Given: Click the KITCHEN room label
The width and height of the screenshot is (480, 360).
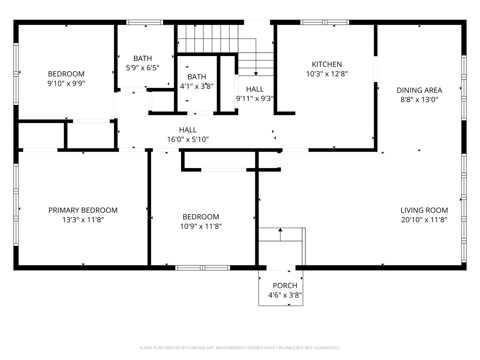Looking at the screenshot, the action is pos(326,64).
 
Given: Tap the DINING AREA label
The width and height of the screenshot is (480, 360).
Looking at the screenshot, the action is pos(419,90).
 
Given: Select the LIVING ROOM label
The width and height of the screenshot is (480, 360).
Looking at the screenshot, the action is pos(424,210).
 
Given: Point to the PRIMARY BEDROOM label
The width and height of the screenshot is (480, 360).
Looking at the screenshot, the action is pos(83,210).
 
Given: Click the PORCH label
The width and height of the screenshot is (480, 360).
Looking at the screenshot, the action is pos(285,285).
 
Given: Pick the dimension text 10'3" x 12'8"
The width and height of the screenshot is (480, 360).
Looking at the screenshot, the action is pos(326,74).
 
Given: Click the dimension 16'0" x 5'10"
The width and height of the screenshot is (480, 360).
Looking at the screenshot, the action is pos(188,139).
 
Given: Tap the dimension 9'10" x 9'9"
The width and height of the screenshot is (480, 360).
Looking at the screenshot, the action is pos(66,83).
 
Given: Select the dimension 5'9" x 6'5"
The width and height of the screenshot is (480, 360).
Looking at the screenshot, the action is pos(143,68).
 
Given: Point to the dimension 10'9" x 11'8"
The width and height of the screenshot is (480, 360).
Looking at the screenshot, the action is pos(201,226).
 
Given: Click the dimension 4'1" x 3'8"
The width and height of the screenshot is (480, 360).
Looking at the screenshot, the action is pos(197,86).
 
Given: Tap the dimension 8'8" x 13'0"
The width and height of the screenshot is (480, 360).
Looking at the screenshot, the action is pos(419,100).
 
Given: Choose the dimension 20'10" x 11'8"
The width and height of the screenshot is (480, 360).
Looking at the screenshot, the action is pos(424,220).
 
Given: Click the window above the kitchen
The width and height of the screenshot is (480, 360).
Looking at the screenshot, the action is pos(325,22).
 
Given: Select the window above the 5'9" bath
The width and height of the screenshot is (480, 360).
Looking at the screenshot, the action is pos(145,22).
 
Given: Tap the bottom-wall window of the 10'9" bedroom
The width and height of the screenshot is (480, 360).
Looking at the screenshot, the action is pos(202,268).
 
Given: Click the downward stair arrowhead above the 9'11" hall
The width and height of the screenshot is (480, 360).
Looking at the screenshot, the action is pos(256,74).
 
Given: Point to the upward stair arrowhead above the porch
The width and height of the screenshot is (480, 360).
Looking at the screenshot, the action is pos(280,230).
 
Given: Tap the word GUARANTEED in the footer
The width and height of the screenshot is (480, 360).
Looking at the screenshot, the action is pos(327,348).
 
